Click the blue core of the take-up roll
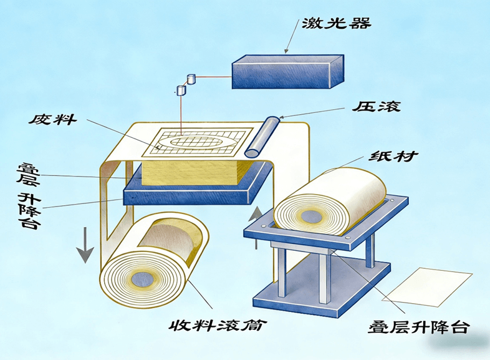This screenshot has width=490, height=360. pyautogui.click(x=147, y=278)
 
